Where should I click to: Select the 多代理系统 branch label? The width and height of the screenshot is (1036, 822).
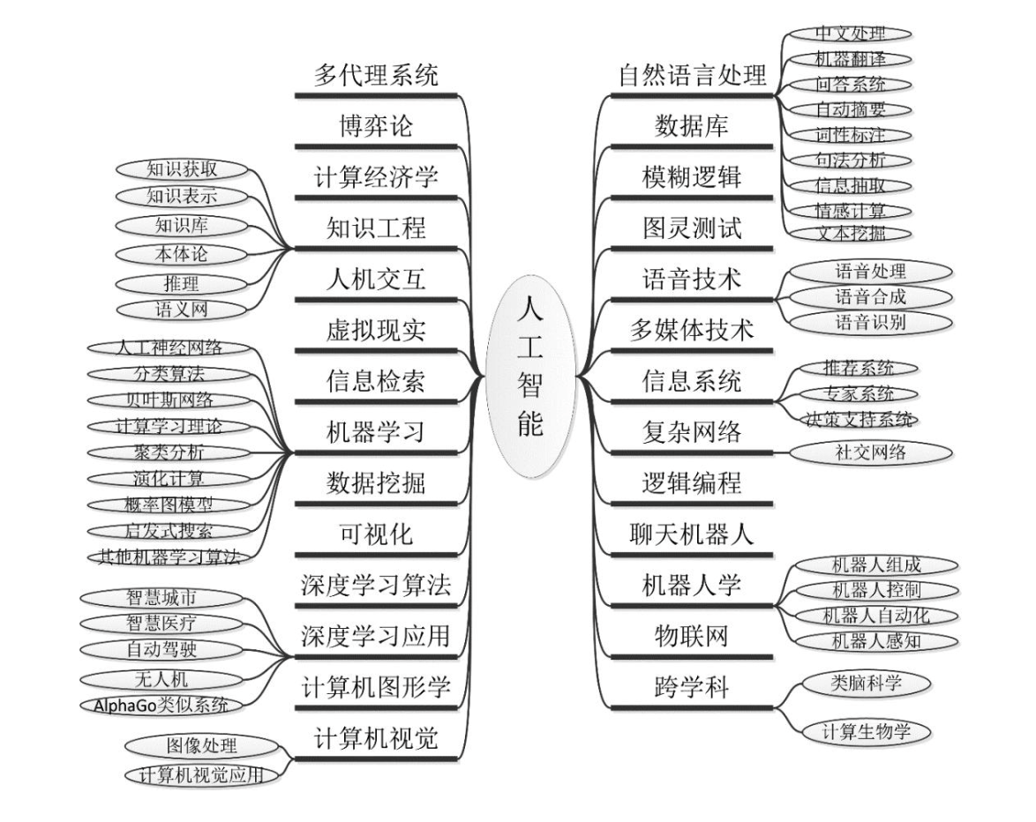pyautogui.click(x=376, y=76)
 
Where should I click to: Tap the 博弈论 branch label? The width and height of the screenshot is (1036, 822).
pyautogui.click(x=376, y=126)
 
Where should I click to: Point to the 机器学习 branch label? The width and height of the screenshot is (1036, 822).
pyautogui.click(x=376, y=433)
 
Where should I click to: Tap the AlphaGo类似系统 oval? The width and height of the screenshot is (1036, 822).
pyautogui.click(x=161, y=705)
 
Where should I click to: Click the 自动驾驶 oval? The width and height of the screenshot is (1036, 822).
pyautogui.click(x=161, y=650)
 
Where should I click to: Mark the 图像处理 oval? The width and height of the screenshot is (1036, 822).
pyautogui.click(x=202, y=746)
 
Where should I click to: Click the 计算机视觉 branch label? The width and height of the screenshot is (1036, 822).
pyautogui.click(x=376, y=739)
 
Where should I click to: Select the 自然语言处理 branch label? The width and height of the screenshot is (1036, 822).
pyautogui.click(x=691, y=76)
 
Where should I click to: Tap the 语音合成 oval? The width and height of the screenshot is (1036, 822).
pyautogui.click(x=870, y=296)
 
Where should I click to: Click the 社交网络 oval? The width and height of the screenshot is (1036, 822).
pyautogui.click(x=870, y=452)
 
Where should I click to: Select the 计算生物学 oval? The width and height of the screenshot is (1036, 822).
pyautogui.click(x=864, y=731)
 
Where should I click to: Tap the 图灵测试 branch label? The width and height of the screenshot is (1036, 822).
pyautogui.click(x=691, y=229)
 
